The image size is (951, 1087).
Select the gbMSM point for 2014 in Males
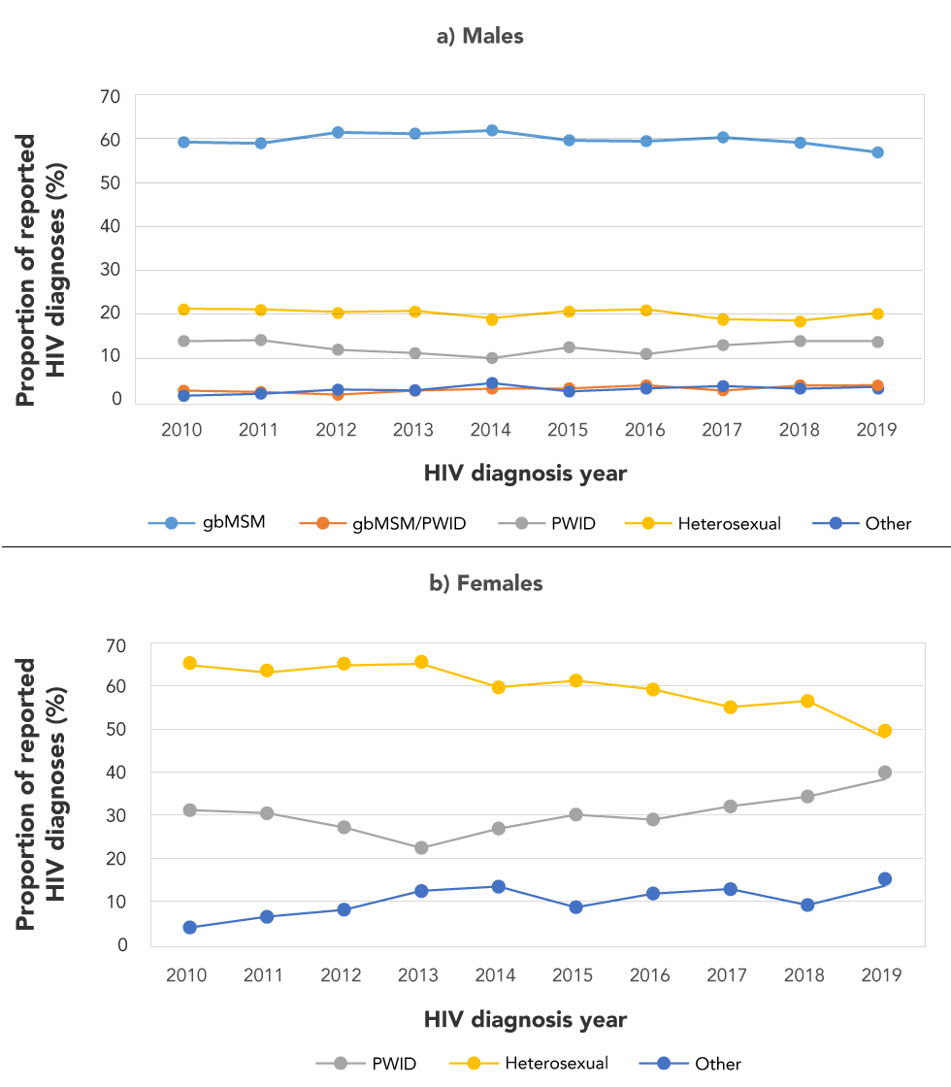point(491,130)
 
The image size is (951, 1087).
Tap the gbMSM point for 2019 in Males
point(876,152)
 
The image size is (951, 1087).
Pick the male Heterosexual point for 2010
point(182,309)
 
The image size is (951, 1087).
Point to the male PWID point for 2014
point(491,358)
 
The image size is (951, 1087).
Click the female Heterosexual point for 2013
point(421,662)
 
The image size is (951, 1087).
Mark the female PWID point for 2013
point(421,847)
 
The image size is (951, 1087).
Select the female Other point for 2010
point(190,927)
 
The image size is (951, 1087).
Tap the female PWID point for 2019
point(884,773)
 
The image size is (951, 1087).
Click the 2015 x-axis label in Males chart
point(568,430)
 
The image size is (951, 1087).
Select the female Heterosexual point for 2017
point(730,708)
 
